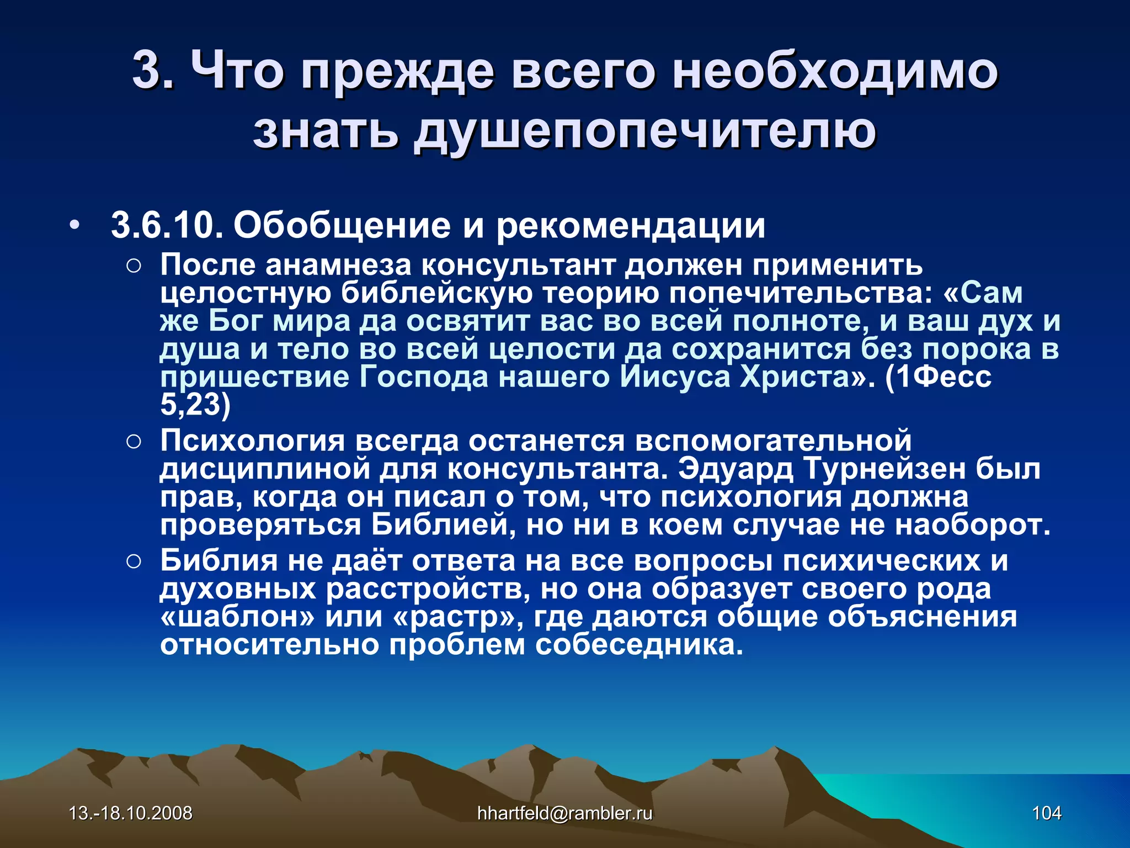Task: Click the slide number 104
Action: [1046, 813]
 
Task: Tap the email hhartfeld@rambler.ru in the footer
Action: [564, 813]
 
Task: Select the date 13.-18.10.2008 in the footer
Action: [130, 813]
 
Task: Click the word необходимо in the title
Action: [834, 71]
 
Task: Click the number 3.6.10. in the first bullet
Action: [167, 226]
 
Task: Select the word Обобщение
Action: [342, 226]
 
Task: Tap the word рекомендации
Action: [631, 226]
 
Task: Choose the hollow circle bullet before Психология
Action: [134, 442]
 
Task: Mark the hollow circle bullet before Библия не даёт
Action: [134, 562]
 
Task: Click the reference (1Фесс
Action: [938, 377]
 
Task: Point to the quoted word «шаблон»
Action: [237, 617]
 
